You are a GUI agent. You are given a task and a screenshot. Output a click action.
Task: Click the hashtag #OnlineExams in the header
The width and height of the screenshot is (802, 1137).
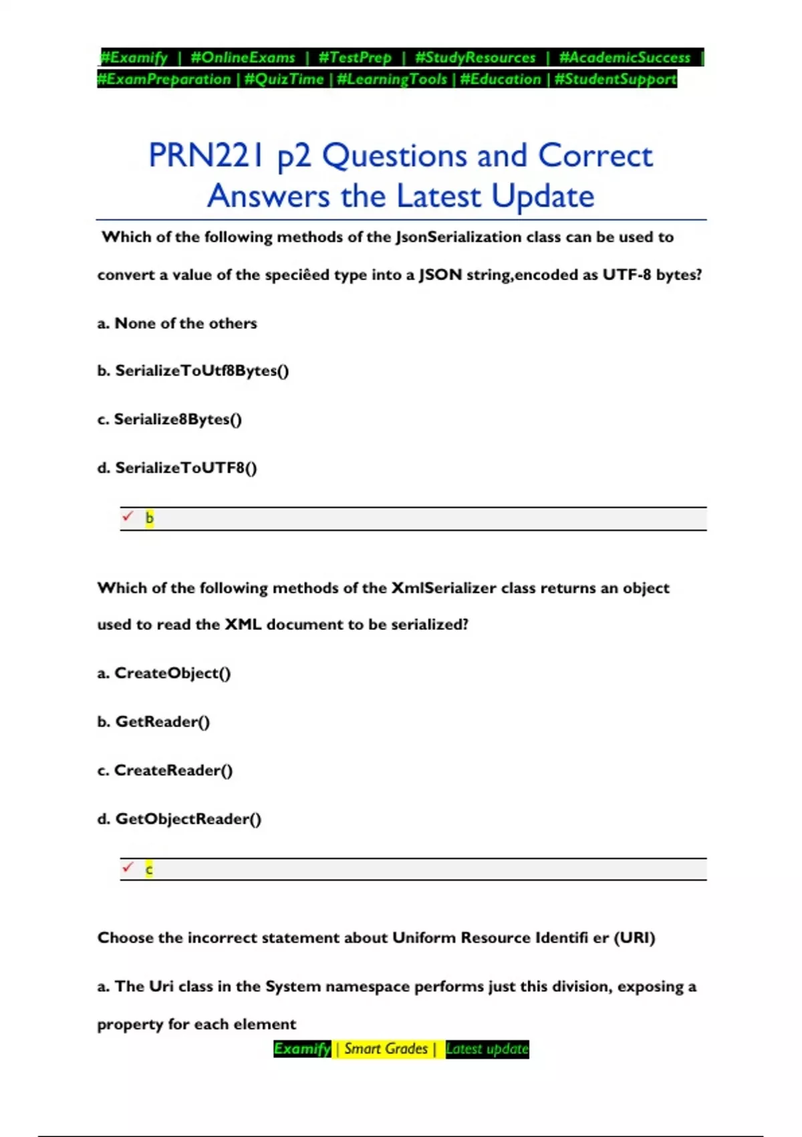pyautogui.click(x=243, y=58)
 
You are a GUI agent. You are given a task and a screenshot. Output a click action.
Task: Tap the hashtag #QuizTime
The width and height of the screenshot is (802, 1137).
pyautogui.click(x=284, y=79)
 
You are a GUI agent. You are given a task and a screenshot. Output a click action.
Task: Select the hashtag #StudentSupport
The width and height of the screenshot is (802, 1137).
pyautogui.click(x=615, y=79)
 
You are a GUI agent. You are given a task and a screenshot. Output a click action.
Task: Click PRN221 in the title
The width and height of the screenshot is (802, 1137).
pyautogui.click(x=207, y=155)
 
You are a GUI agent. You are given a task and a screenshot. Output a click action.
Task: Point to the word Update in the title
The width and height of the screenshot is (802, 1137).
pyautogui.click(x=543, y=196)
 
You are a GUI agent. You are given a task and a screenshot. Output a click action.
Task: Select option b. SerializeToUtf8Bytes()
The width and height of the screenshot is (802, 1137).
pyautogui.click(x=193, y=371)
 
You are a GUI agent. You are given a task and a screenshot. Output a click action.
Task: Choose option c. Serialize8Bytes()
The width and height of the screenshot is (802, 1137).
pyautogui.click(x=170, y=419)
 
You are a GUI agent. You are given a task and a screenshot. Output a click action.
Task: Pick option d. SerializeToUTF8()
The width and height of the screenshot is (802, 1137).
pyautogui.click(x=177, y=468)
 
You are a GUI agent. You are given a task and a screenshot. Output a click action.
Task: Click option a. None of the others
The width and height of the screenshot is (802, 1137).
pyautogui.click(x=177, y=323)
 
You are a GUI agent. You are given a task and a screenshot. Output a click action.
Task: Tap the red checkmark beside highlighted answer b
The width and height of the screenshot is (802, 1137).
pyautogui.click(x=128, y=516)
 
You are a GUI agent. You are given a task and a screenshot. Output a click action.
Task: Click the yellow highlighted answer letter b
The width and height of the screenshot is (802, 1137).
pyautogui.click(x=149, y=518)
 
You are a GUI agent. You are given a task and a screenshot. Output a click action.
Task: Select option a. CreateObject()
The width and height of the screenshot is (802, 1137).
pyautogui.click(x=164, y=673)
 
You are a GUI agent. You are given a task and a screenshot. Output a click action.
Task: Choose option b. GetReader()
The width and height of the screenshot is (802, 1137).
pyautogui.click(x=154, y=722)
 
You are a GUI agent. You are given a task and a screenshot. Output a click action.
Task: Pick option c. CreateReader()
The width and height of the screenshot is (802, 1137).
pyautogui.click(x=165, y=770)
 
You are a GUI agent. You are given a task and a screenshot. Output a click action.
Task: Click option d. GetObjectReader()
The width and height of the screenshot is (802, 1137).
pyautogui.click(x=179, y=819)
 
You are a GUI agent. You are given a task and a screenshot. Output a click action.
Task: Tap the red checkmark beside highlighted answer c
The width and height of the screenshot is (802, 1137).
pyautogui.click(x=128, y=867)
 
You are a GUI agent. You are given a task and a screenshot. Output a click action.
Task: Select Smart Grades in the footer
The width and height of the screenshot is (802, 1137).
pyautogui.click(x=386, y=1049)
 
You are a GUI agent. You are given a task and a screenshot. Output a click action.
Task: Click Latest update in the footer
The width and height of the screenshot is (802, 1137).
pyautogui.click(x=487, y=1049)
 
